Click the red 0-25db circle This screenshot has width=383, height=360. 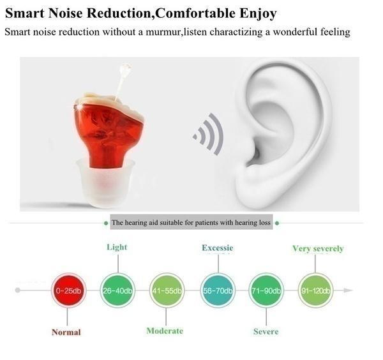[68, 291]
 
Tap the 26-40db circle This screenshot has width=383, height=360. [117, 291]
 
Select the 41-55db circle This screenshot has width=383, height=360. [166, 291]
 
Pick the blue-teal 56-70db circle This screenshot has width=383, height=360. [218, 291]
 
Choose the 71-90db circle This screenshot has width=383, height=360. [266, 291]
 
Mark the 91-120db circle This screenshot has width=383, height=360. [315, 291]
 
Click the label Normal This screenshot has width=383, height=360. [66, 332]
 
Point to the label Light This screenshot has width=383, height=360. [117, 247]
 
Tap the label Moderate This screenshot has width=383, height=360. [165, 331]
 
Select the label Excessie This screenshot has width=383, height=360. [218, 248]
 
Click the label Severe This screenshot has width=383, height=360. [265, 332]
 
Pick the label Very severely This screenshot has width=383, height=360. [318, 248]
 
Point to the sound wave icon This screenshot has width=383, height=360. [209, 134]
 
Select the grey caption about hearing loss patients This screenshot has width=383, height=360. [191, 223]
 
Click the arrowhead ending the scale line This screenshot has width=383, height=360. [347, 290]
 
